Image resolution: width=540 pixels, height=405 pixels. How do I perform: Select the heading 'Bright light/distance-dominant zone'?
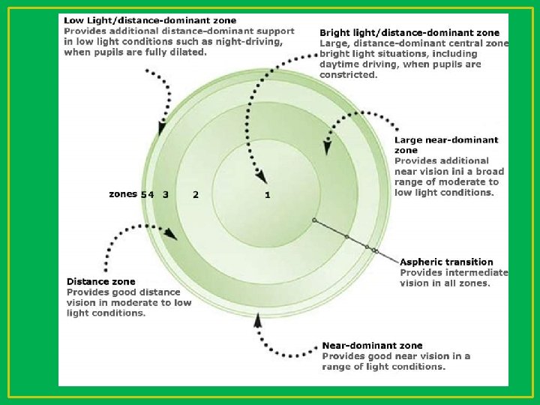[409, 33]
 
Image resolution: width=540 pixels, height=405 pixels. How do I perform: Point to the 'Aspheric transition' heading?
[447, 262]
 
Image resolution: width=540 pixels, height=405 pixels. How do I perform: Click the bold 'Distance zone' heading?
[101, 281]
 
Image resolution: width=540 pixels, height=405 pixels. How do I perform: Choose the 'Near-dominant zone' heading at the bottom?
[372, 346]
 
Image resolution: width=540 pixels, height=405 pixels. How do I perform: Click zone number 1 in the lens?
[268, 195]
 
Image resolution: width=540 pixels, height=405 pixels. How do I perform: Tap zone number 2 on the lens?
[196, 195]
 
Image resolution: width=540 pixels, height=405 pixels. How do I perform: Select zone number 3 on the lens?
[165, 195]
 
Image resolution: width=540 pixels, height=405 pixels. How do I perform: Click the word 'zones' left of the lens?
[123, 194]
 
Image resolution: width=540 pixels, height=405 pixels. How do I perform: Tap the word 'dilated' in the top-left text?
[187, 52]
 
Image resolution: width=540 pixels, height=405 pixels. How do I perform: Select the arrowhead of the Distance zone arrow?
[173, 236]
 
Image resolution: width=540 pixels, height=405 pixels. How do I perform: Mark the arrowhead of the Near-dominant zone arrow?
[258, 319]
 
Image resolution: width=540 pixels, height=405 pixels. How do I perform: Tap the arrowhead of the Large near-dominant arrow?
[328, 147]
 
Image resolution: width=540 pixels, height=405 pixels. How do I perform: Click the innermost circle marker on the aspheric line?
[314, 220]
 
